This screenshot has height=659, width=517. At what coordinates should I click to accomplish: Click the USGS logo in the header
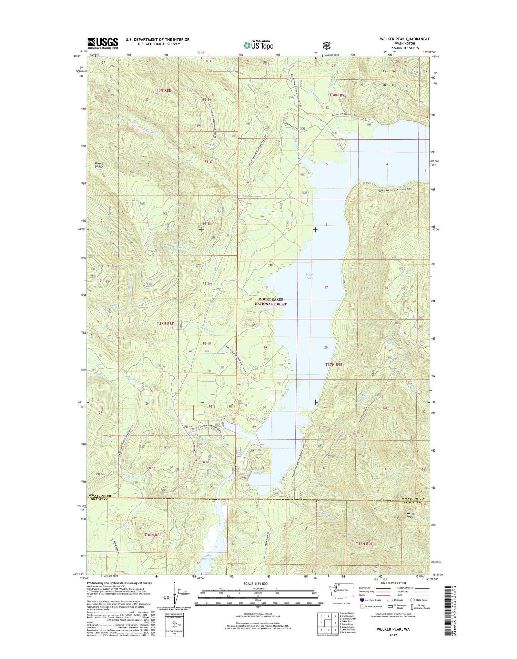point(102,43)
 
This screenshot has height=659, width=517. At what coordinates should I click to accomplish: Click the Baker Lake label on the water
point(310,276)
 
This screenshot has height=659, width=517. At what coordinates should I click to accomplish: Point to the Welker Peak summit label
point(411,515)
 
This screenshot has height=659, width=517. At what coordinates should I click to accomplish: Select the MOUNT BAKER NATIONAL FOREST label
point(271,302)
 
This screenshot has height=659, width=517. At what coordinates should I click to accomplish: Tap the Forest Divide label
point(99,165)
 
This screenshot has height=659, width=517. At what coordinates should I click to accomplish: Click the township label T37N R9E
point(334,364)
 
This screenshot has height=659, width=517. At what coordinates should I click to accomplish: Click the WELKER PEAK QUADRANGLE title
point(405,39)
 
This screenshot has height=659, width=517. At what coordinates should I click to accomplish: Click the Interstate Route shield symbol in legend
point(362,600)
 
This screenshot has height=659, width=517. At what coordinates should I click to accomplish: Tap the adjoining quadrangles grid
point(328,622)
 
